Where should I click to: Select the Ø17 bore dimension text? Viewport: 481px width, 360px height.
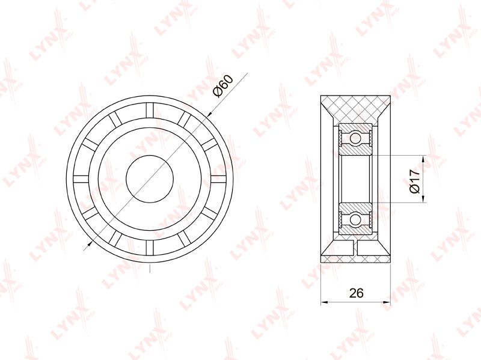(x=414, y=181)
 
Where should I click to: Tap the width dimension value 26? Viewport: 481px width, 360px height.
(x=356, y=293)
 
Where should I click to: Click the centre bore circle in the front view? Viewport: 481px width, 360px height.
(x=150, y=178)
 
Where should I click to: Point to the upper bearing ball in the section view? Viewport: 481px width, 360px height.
(x=355, y=138)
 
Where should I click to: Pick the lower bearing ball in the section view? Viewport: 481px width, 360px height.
(x=355, y=219)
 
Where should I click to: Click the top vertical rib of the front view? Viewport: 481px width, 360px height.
(x=150, y=110)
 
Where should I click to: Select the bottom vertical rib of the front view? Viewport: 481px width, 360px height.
(x=150, y=248)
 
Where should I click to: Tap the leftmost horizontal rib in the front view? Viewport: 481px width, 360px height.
(x=81, y=178)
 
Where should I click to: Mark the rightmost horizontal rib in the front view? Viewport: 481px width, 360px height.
(x=219, y=178)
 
